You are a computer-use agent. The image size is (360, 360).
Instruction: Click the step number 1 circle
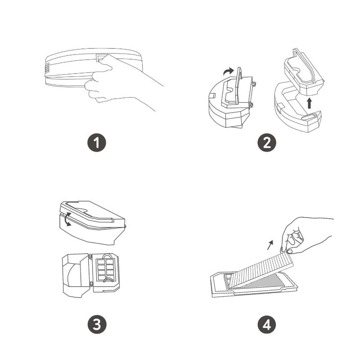[x=97, y=143]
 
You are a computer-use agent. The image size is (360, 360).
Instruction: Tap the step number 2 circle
[x=267, y=143]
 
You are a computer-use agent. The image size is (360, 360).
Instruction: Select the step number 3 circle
[x=97, y=324]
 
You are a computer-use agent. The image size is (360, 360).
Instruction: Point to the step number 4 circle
[x=267, y=324]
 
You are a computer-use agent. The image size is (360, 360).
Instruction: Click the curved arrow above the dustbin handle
[x=229, y=71]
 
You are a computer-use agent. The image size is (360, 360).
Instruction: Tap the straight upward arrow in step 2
[x=309, y=103]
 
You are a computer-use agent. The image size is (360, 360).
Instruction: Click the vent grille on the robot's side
[x=47, y=68]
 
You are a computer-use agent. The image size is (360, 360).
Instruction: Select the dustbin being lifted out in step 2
[x=303, y=73]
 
